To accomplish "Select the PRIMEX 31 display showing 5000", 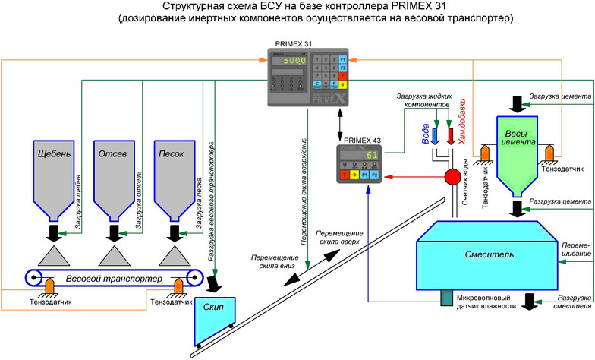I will (x=291, y=60).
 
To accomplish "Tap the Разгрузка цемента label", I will (x=560, y=201).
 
